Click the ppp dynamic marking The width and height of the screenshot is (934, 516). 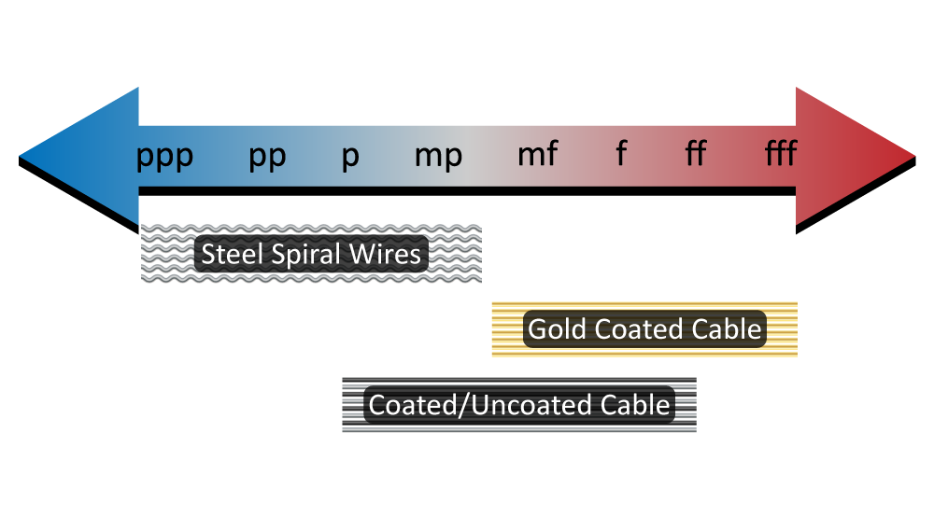pyautogui.click(x=165, y=156)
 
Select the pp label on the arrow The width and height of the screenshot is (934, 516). pyautogui.click(x=267, y=156)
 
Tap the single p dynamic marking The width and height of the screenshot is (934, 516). pyautogui.click(x=350, y=156)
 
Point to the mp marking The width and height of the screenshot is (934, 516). pyautogui.click(x=438, y=156)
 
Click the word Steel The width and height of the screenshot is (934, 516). pyautogui.click(x=230, y=254)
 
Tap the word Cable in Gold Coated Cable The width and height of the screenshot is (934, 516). pyautogui.click(x=727, y=329)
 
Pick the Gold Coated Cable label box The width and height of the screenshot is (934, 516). pyautogui.click(x=644, y=329)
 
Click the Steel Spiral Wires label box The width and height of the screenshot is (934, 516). pyautogui.click(x=311, y=254)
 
